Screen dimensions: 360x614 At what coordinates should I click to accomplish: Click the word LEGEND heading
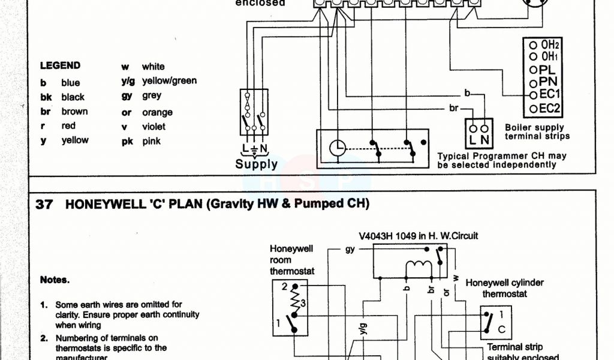60,65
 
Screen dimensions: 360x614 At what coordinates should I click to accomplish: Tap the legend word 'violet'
153,127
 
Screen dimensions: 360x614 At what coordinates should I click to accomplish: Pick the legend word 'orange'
157,112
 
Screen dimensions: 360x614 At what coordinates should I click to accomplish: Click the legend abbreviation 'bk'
46,97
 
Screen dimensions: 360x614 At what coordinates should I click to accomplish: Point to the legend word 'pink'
151,142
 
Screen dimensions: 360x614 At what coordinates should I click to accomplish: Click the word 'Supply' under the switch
256,164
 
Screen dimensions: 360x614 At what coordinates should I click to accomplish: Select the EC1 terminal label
549,95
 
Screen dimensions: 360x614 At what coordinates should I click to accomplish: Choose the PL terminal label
547,70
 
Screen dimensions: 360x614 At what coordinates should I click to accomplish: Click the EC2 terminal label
549,109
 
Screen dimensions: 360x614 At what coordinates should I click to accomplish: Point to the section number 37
43,205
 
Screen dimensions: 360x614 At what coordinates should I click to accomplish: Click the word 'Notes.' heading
55,280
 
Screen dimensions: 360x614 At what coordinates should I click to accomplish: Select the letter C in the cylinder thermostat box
502,329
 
